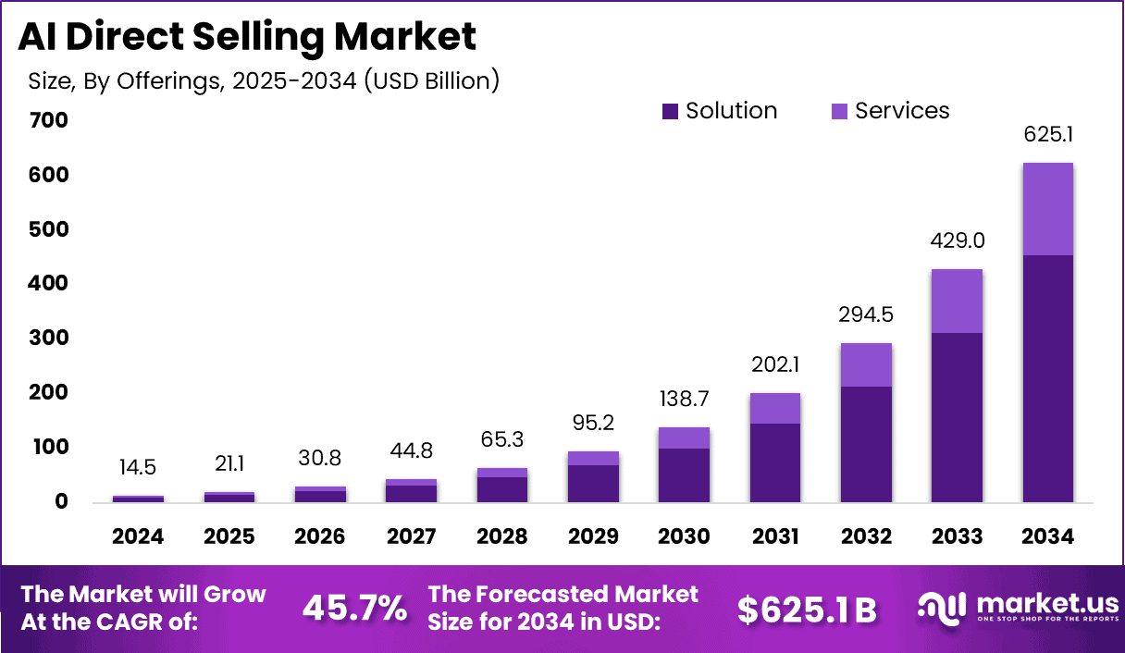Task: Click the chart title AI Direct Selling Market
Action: pyautogui.click(x=248, y=36)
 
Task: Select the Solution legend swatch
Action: pyautogui.click(x=671, y=112)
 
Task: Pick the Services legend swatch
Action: pyautogui.click(x=840, y=112)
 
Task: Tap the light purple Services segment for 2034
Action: pyautogui.click(x=1047, y=209)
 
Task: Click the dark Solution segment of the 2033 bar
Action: pyautogui.click(x=957, y=417)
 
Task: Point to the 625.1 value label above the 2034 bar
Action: pyautogui.click(x=1048, y=135)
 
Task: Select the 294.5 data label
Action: pyautogui.click(x=866, y=314)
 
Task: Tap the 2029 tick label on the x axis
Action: pyautogui.click(x=594, y=537)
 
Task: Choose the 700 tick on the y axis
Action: pyautogui.click(x=48, y=121)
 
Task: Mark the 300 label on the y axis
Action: pyautogui.click(x=48, y=339)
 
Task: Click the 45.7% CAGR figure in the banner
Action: pyautogui.click(x=354, y=608)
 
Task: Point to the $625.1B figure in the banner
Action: pyautogui.click(x=807, y=609)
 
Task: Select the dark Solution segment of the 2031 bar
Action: pyautogui.click(x=775, y=462)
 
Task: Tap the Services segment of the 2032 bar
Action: pyautogui.click(x=866, y=364)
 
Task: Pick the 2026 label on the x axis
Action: pyautogui.click(x=320, y=537)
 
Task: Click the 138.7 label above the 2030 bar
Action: pyautogui.click(x=685, y=400)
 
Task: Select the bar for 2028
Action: pyautogui.click(x=502, y=486)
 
